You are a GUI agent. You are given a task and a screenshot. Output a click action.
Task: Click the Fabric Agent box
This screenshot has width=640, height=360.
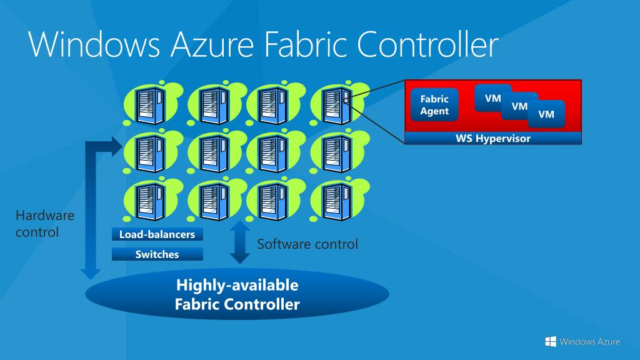coord(434,105)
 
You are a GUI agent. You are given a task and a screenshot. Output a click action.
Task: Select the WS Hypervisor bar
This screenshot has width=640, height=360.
coord(493,139)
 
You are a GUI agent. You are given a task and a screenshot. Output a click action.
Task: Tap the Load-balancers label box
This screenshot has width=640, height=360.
coord(157,235)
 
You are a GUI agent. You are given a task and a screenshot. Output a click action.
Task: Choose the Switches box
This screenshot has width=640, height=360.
coord(157,254)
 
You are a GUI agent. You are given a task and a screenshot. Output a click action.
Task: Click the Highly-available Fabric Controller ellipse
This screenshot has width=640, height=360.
coord(237,295)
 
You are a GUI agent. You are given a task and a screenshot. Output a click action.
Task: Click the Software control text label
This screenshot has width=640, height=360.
coord(307,244)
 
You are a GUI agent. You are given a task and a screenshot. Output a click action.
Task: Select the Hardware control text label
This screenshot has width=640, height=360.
coord(45,224)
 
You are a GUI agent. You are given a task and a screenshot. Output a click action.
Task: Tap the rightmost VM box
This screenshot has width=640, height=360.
coord(547,114)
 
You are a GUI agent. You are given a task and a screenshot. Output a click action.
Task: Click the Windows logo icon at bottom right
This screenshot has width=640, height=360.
coord(551,341)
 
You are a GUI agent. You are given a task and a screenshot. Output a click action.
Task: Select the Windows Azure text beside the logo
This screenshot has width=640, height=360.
coord(590,341)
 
